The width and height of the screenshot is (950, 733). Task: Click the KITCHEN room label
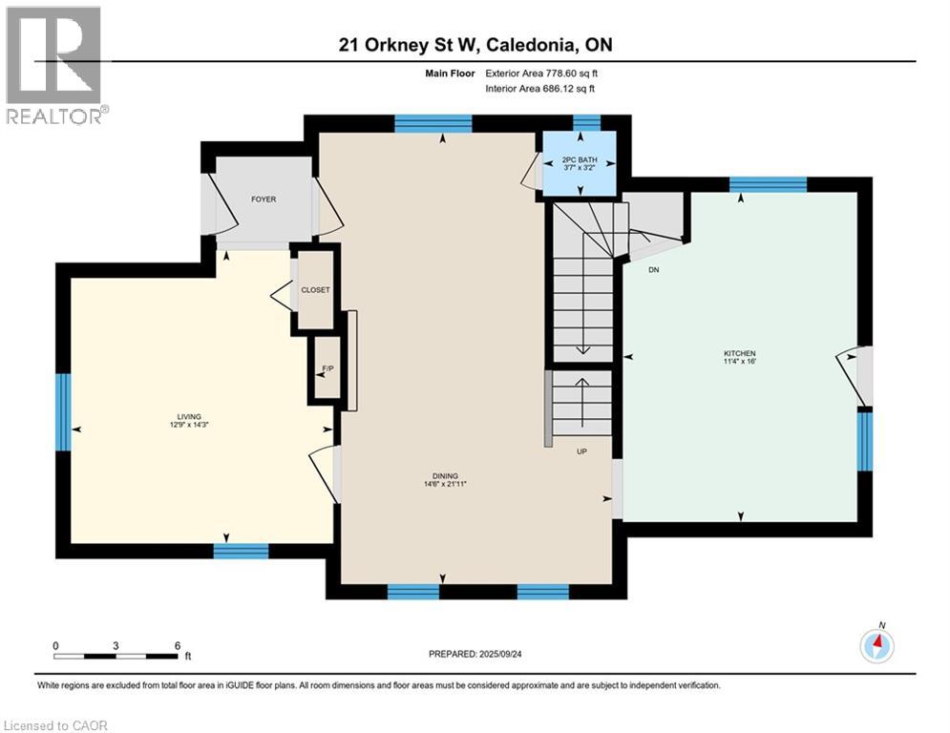pos(739,353)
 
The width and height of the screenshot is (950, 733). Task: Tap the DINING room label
pos(445,475)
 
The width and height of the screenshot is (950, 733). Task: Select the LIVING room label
pos(189,417)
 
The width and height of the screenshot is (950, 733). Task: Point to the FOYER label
pos(264,199)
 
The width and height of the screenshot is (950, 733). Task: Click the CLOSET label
pos(316,289)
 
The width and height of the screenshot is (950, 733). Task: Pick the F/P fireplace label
pos(327,368)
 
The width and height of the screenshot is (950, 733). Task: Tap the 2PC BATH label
pos(580,160)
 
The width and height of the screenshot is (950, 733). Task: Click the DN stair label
pos(654,269)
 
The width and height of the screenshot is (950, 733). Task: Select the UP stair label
pos(581,451)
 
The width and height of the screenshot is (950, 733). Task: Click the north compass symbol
pos(876,644)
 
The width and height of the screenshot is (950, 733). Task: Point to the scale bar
pos(116,656)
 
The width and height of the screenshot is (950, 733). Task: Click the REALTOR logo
pos(54,64)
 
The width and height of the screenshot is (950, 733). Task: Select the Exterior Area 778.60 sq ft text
pos(541,73)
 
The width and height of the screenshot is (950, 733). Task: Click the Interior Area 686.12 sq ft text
pos(539,89)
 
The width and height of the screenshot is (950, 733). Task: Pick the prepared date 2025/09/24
pos(500,654)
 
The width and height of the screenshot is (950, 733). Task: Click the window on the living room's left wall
pos(63,412)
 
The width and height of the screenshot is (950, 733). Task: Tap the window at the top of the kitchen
pos(768,184)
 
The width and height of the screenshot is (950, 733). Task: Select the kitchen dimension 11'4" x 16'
pos(740,362)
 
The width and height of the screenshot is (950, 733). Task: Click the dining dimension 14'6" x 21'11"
pos(445,484)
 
